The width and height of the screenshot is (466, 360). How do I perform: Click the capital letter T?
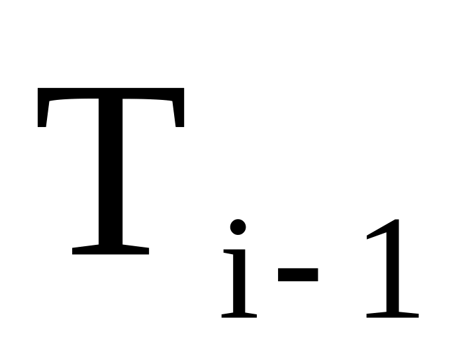[x=111, y=171]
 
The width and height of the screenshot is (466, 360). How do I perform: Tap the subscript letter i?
[x=239, y=268]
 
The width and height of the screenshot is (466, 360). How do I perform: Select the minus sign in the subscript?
[x=298, y=275]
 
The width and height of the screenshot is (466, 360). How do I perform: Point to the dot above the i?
[x=238, y=227]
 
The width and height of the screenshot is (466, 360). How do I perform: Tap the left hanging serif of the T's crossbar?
[x=42, y=113]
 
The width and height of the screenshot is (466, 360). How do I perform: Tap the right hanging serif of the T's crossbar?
[x=179, y=113]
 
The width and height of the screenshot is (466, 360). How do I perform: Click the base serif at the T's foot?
[x=111, y=249]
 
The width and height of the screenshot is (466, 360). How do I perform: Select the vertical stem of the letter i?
[x=239, y=281]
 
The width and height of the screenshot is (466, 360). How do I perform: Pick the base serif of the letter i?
[x=239, y=315]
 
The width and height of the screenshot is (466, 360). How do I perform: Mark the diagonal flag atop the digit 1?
[x=377, y=230]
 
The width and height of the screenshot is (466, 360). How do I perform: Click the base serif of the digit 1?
[x=393, y=315]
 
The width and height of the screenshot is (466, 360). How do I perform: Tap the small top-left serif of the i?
[x=228, y=251]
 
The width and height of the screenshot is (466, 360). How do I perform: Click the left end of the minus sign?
[x=278, y=275]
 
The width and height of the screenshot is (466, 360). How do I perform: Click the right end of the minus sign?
[x=318, y=275]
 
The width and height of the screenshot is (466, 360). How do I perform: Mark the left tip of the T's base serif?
[x=73, y=251]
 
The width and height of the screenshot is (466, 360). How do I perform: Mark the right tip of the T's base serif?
[x=148, y=251]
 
